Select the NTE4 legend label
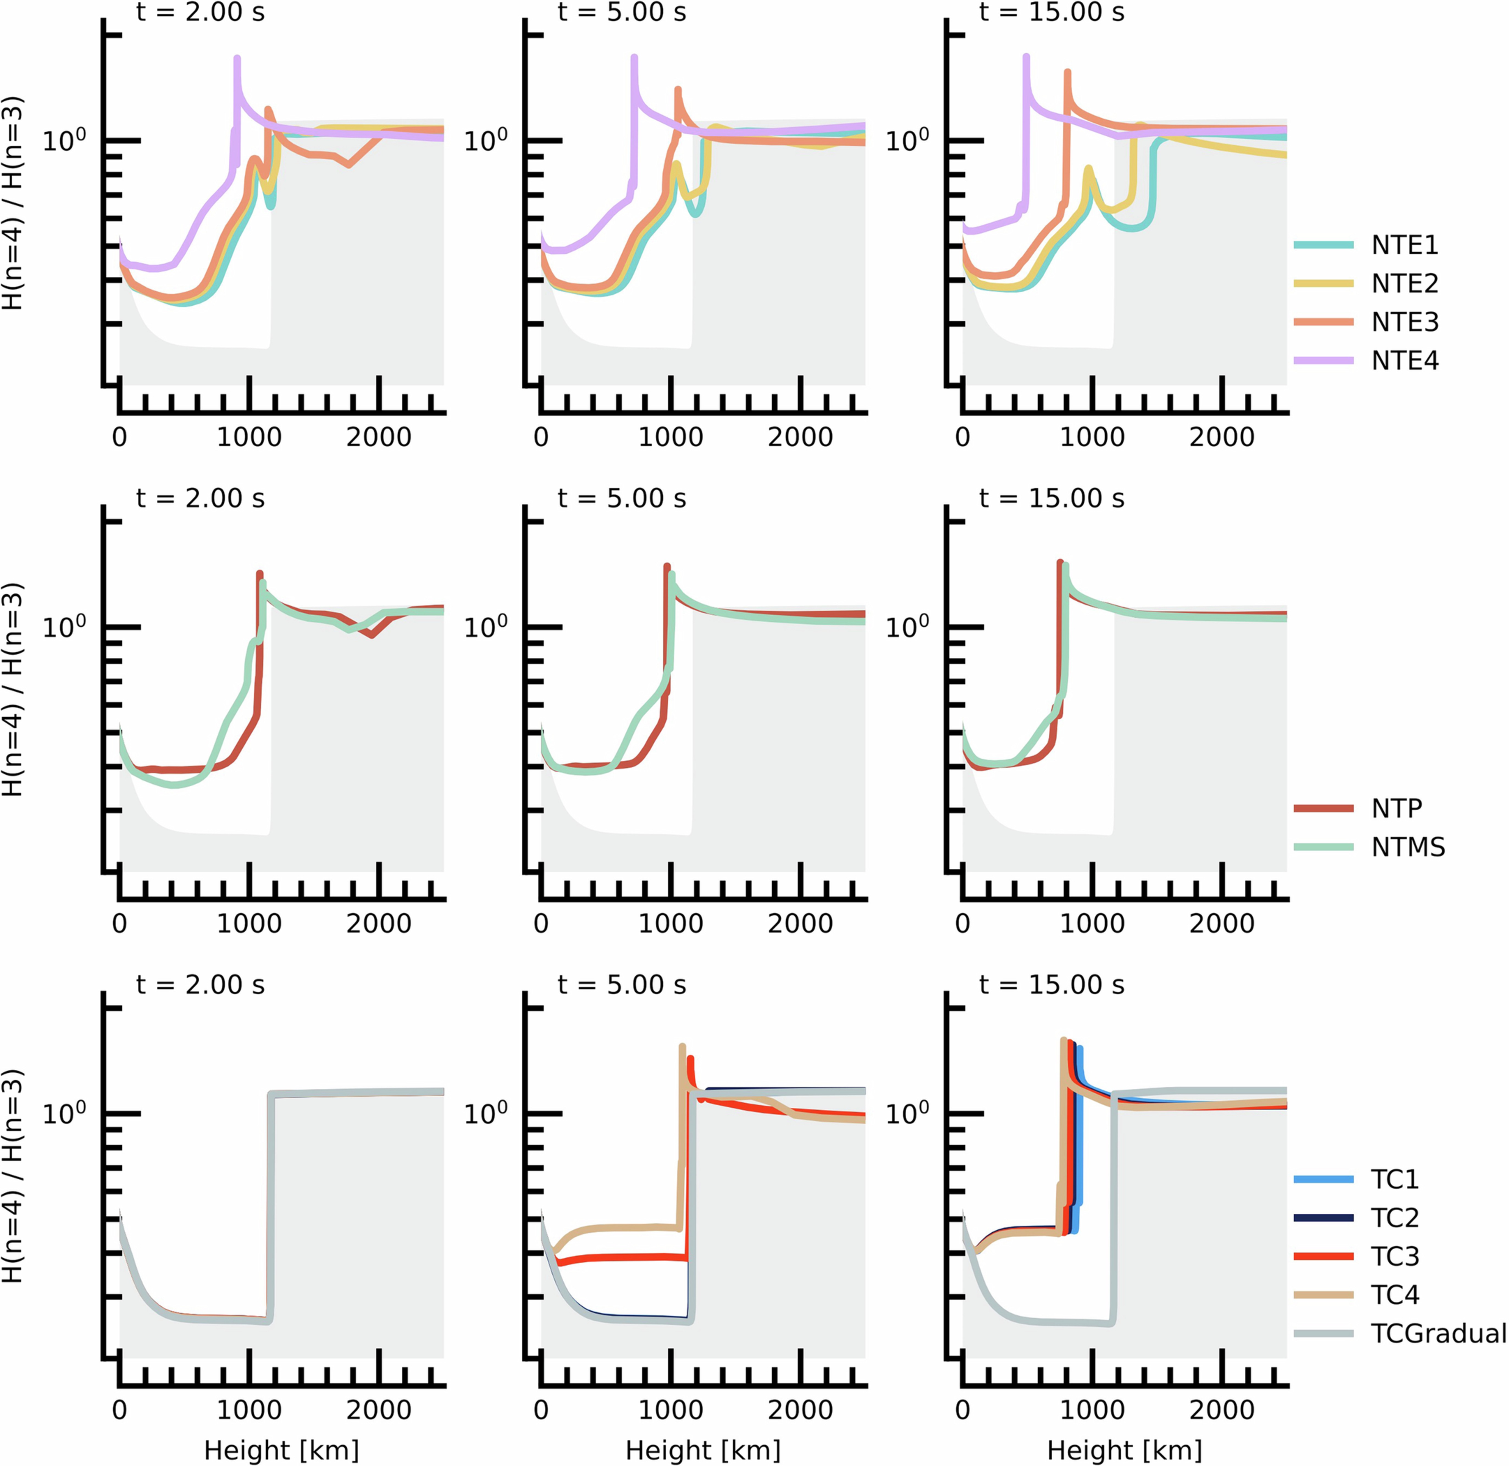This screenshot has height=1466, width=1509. pos(1404,360)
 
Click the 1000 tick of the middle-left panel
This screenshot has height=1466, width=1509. pos(249,923)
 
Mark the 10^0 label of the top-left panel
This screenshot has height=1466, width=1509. pos(64,140)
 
